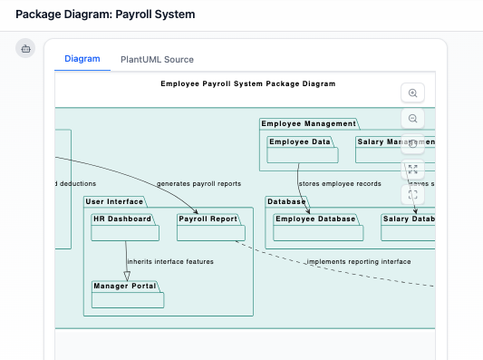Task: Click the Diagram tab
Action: [x=82, y=59]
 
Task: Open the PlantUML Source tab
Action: [x=157, y=59]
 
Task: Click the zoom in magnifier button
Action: [x=413, y=92]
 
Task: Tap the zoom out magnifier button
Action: [x=413, y=118]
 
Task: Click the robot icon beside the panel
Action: [x=25, y=48]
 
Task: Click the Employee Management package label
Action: [x=308, y=123]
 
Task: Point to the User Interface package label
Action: [x=114, y=201]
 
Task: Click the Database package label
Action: [x=286, y=201]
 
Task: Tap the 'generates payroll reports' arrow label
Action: [x=198, y=183]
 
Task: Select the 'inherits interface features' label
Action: [x=170, y=261]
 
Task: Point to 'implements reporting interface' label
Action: [x=358, y=261]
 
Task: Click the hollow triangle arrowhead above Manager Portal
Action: [x=127, y=275]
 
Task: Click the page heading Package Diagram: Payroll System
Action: [x=105, y=15]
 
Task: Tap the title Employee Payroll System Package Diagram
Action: [x=247, y=83]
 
